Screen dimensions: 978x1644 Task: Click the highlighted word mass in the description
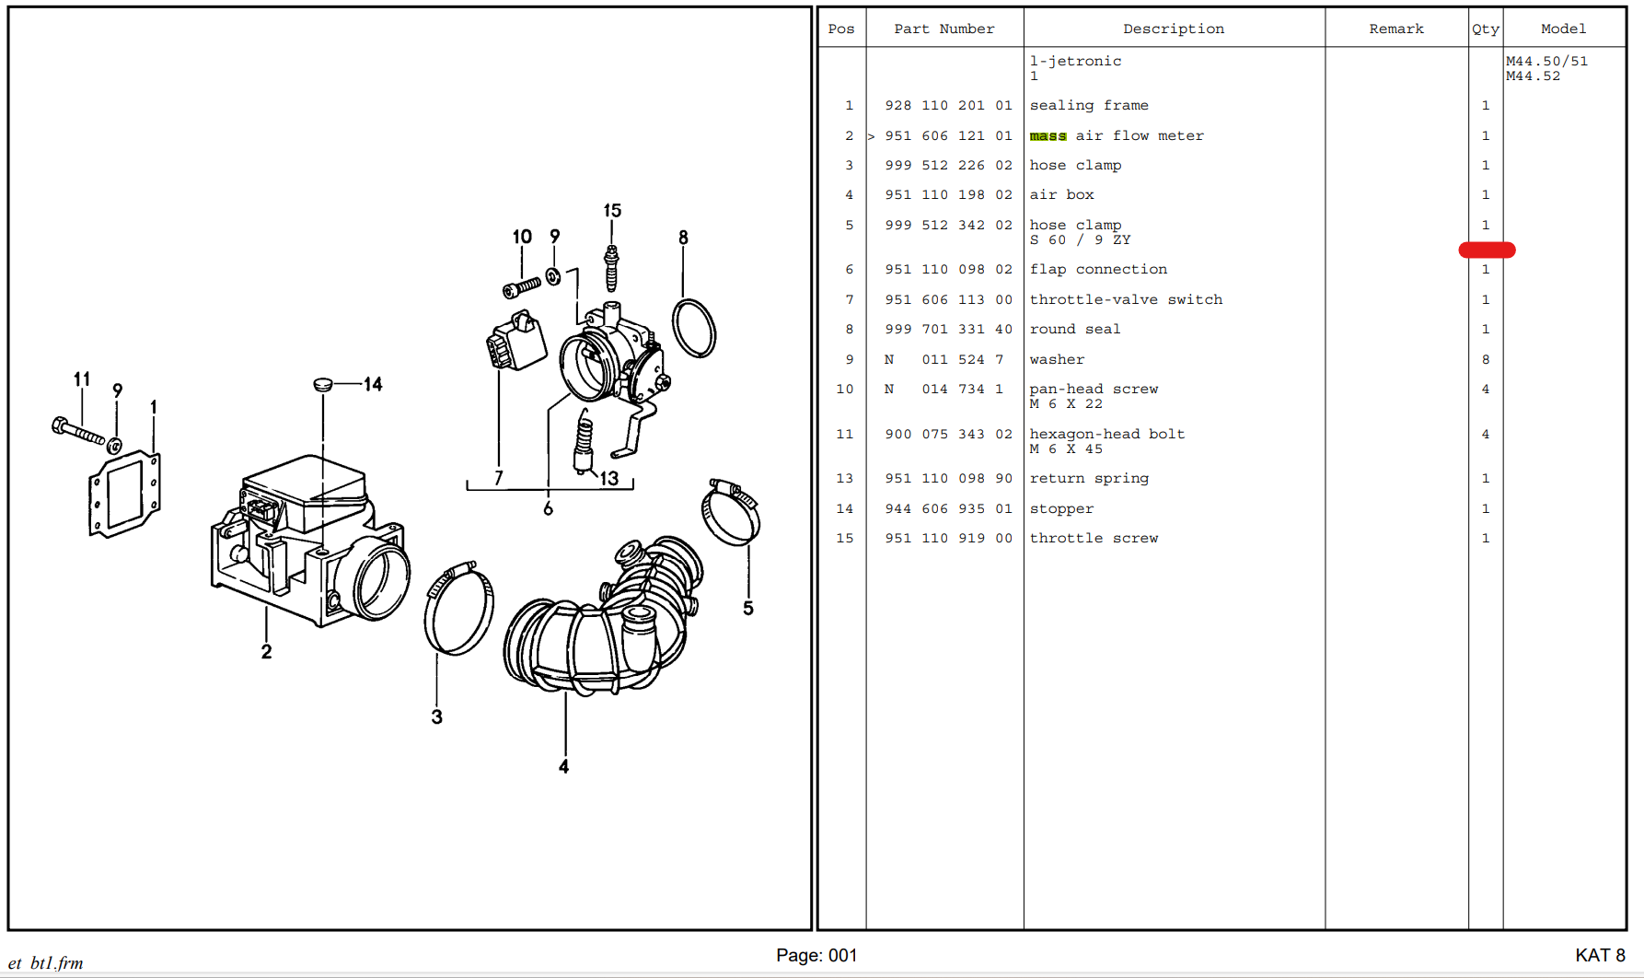(1048, 136)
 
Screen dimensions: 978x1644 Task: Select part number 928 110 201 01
(948, 106)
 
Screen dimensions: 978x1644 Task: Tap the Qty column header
(1485, 29)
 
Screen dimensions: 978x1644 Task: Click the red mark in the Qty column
(1487, 250)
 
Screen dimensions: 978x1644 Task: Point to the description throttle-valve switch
(1126, 299)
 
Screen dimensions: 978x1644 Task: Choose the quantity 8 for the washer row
(1485, 359)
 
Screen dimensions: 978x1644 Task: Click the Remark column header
(1395, 29)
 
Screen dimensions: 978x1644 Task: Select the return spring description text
(1089, 478)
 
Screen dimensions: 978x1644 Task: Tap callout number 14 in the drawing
(373, 384)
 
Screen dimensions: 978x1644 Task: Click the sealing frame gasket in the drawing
(124, 494)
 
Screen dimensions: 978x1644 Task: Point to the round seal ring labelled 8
(694, 328)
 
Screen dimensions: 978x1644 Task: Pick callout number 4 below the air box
(563, 766)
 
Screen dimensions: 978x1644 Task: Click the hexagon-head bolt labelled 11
(78, 430)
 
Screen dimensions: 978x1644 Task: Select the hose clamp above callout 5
(731, 512)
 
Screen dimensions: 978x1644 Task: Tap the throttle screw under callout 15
(610, 268)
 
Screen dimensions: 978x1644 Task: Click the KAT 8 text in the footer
(1600, 955)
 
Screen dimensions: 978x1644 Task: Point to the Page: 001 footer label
(816, 955)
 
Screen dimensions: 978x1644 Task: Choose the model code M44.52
(1533, 76)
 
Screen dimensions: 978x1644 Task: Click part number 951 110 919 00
(948, 538)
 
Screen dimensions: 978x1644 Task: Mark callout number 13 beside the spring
(609, 479)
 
